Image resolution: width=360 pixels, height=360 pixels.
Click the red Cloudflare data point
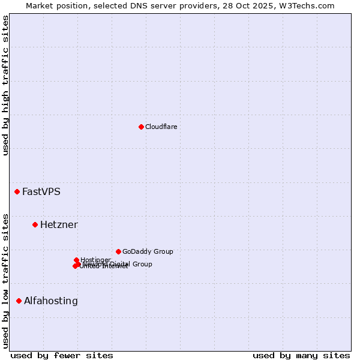point(141,127)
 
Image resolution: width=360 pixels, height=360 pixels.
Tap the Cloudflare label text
point(161,127)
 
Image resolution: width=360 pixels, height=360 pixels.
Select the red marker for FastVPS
point(17,191)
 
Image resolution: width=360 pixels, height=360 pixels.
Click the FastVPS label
point(41,192)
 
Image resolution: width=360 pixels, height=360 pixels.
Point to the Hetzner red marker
point(35,224)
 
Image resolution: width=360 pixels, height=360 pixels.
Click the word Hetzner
point(59,225)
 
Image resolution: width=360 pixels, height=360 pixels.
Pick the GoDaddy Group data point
point(118,251)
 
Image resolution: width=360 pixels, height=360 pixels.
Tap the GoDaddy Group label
point(148,252)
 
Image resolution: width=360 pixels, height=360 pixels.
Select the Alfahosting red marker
point(19,301)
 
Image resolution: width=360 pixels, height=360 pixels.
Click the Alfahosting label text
point(50,301)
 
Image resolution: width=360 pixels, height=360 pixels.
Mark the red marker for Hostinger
point(76,260)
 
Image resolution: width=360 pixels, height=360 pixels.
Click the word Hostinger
point(96,259)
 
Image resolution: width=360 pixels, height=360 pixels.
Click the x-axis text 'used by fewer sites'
point(62,355)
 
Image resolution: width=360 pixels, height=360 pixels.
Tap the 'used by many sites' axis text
point(301,355)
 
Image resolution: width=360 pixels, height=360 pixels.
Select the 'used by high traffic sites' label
point(5,85)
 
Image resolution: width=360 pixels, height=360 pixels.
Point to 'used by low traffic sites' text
point(5,280)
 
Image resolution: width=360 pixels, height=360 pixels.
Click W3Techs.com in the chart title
point(309,5)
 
